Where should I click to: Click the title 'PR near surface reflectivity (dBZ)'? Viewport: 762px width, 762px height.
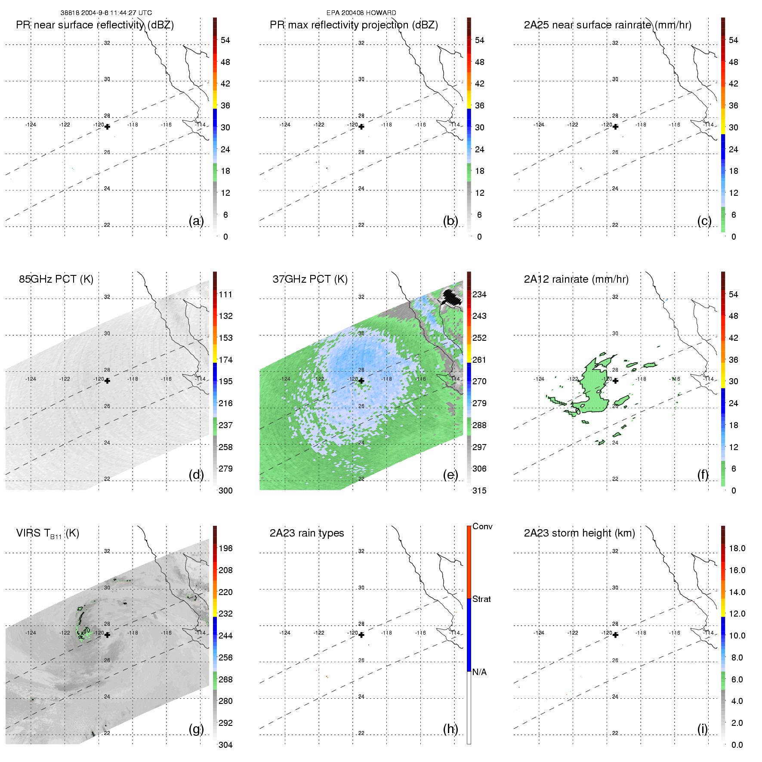pos(95,25)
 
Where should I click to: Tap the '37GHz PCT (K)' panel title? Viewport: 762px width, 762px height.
pos(310,279)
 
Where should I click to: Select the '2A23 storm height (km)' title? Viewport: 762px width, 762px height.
pos(579,533)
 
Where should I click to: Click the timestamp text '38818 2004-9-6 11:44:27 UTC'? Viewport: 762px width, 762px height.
pos(106,13)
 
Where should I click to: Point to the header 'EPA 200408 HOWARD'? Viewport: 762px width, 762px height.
pos(361,13)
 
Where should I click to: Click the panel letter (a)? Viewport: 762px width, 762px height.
pos(196,221)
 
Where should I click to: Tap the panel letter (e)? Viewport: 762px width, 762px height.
pos(450,475)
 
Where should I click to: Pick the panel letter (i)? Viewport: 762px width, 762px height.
pos(702,729)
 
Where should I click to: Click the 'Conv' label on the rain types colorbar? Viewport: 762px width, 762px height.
pos(482,526)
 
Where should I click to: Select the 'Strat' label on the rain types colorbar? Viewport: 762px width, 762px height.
pos(481,599)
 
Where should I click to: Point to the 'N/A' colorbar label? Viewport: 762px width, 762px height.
pos(479,672)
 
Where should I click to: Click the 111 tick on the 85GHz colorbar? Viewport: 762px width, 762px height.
pos(225,294)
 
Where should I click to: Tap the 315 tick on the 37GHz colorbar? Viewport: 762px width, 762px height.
pos(479,491)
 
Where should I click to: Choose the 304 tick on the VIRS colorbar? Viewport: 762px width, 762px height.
pos(225,745)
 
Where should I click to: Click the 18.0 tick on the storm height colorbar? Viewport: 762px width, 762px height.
pos(737,548)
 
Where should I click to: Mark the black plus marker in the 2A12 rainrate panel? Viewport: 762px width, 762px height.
pos(615,381)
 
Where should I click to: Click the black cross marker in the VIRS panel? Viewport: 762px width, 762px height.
pos(107,635)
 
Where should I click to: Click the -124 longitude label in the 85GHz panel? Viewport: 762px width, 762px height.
pos(31,379)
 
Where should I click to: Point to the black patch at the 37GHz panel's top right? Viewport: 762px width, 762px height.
pos(452,297)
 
